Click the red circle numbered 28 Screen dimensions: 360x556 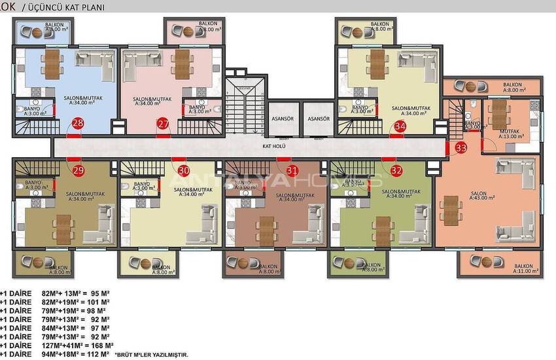pos(78,124)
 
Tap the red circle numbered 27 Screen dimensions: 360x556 pos(163,124)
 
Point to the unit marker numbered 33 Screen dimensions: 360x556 pos(461,148)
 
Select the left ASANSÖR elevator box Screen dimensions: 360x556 pos(284,119)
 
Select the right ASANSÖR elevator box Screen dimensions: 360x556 pos(318,119)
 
